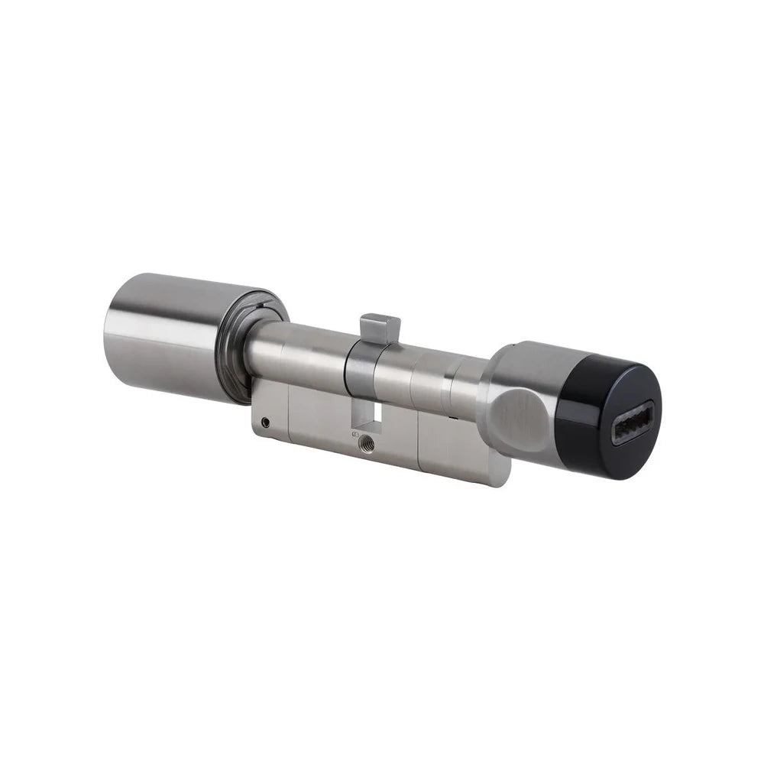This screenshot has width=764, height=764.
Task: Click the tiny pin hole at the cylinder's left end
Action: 265,421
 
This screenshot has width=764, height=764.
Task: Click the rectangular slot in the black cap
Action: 632,422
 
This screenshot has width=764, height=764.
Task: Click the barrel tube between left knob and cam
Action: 306,355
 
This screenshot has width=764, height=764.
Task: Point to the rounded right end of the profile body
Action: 500,470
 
